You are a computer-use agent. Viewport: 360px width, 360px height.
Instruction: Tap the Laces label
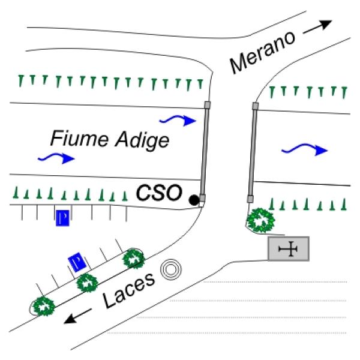[x=130, y=292]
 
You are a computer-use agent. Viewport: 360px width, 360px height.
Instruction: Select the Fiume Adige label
[x=109, y=140]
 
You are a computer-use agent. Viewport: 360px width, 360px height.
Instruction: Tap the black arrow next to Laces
[x=79, y=316]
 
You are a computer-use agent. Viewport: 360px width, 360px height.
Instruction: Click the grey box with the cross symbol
[x=289, y=248]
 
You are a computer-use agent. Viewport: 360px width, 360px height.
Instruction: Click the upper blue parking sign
[x=62, y=217]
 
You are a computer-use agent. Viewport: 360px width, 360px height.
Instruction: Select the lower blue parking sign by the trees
[x=77, y=262]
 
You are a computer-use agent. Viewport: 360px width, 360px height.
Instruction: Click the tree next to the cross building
[x=262, y=220]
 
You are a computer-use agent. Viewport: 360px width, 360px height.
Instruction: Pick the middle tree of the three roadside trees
[x=88, y=282]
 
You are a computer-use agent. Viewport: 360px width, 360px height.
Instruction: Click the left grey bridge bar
[x=204, y=153]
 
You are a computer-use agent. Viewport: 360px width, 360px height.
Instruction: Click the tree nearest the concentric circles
[x=133, y=260]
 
